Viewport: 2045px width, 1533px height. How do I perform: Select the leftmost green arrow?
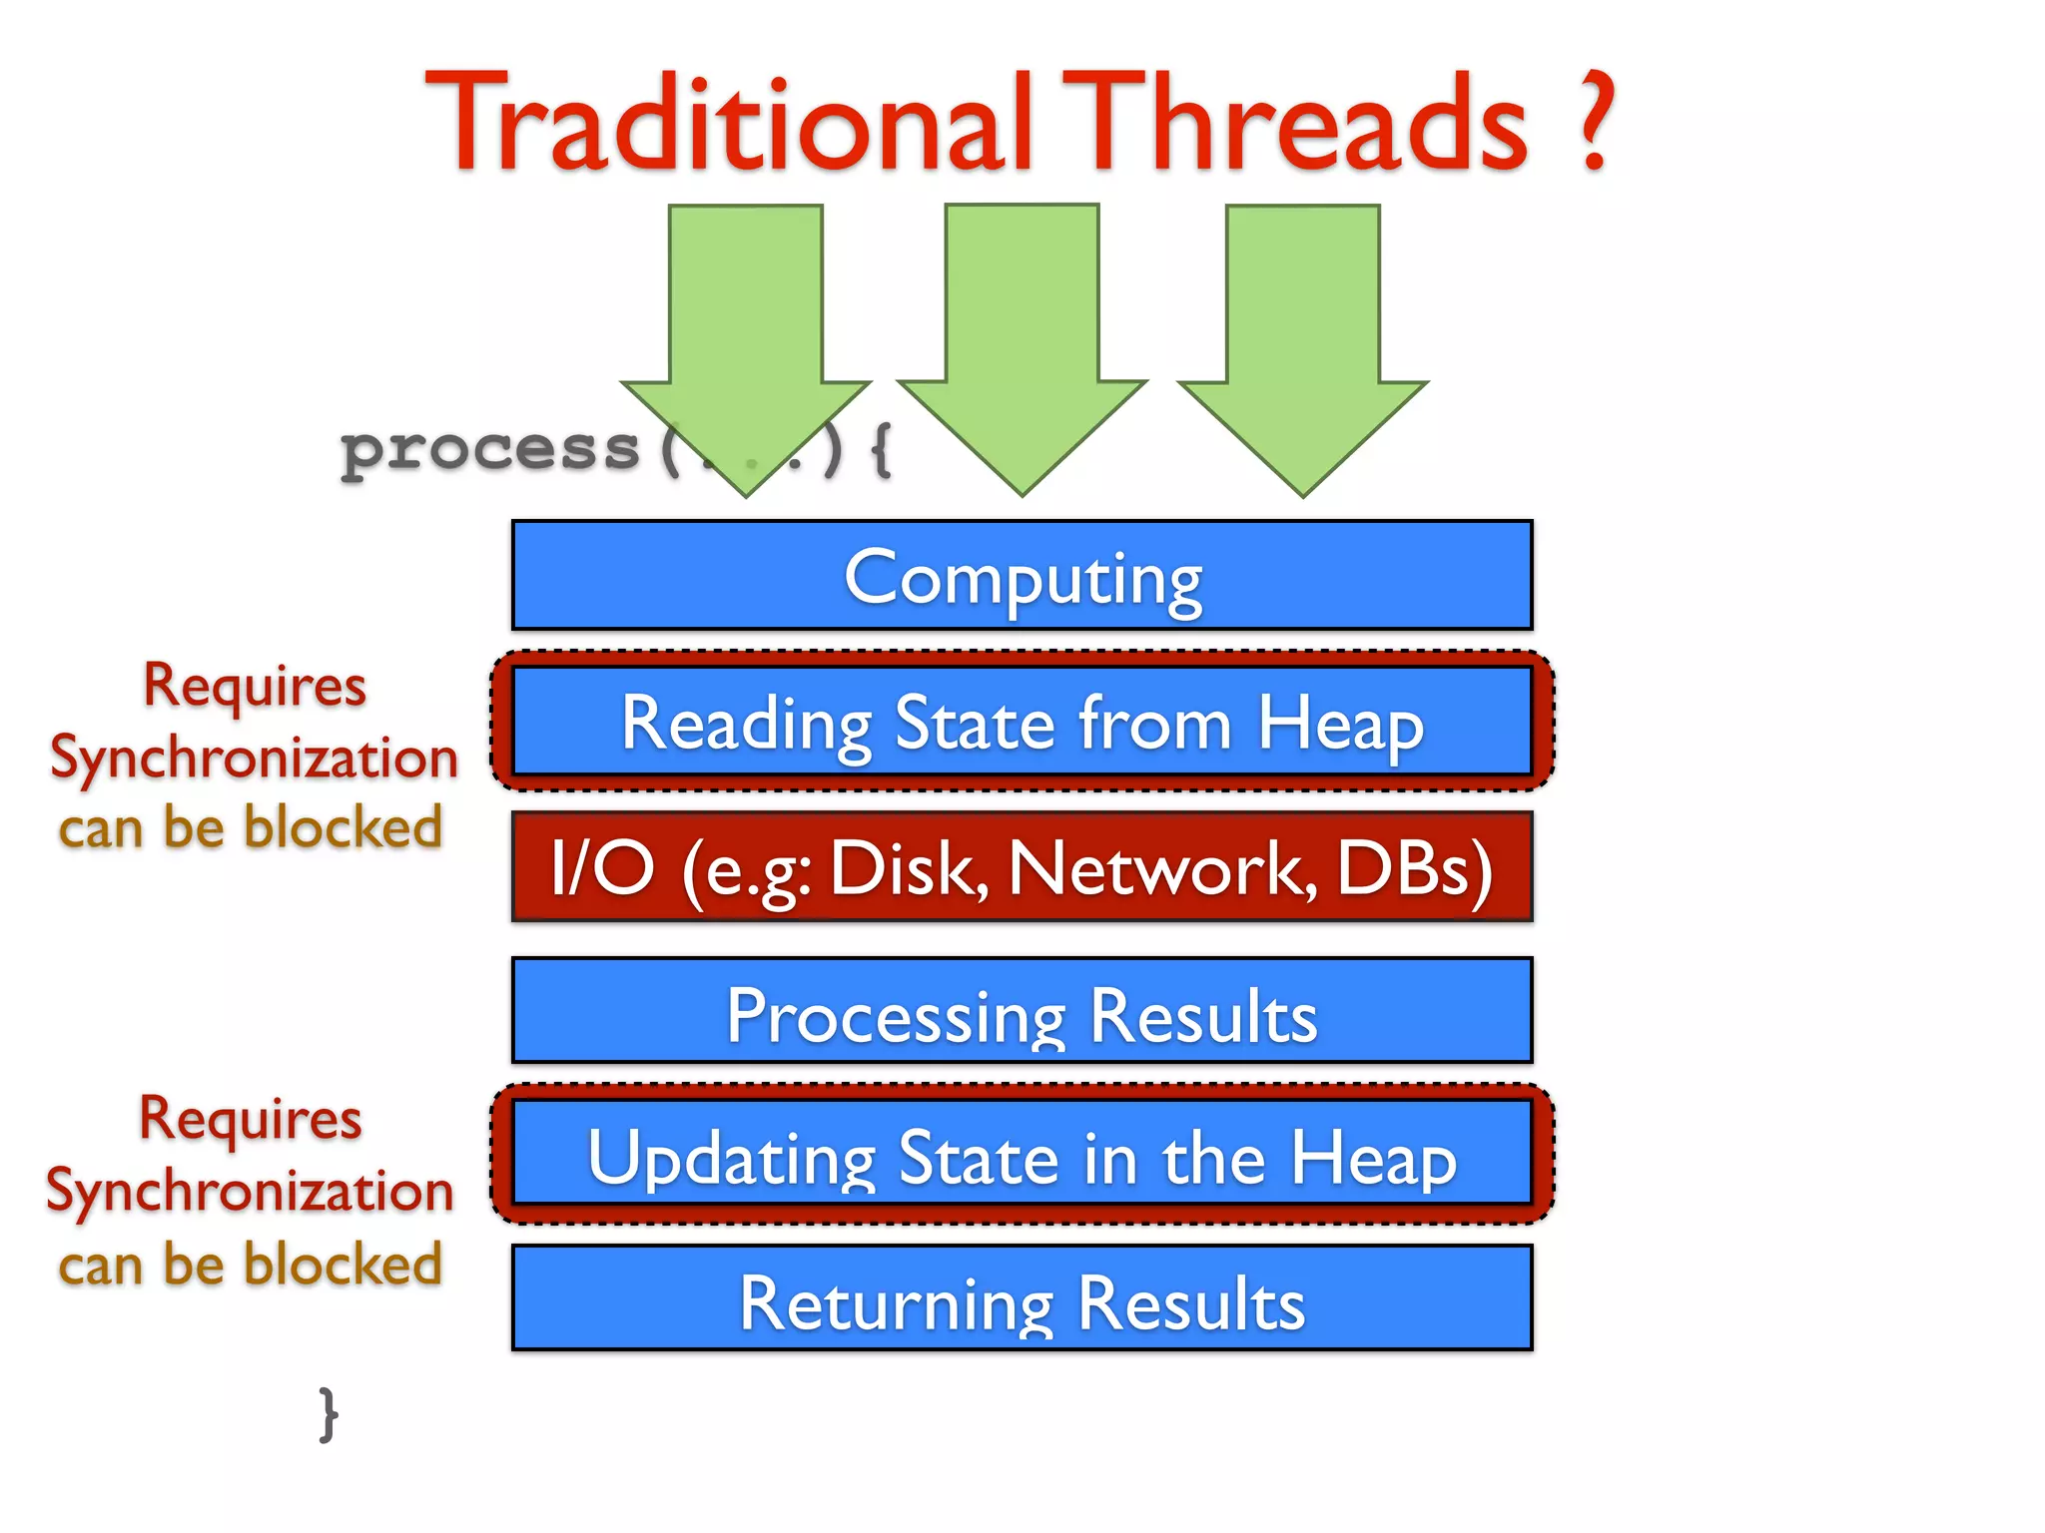coord(746,329)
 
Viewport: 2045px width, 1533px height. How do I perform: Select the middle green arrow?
coord(1022,329)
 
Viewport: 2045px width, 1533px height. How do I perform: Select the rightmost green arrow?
coord(1302,329)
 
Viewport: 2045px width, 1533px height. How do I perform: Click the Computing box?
coord(1022,576)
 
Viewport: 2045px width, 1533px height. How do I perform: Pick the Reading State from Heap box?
coord(1022,722)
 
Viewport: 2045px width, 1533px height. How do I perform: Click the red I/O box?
coord(1022,866)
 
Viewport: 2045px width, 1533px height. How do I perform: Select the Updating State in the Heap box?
coord(1022,1155)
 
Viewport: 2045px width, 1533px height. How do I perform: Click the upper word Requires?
coord(255,687)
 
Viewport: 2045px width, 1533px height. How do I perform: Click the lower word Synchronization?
coord(250,1191)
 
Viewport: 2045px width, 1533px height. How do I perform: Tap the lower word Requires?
coord(251,1119)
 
